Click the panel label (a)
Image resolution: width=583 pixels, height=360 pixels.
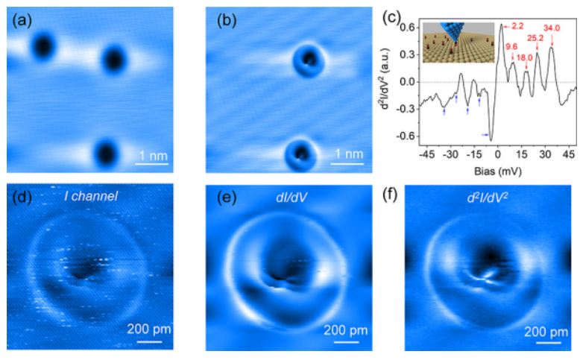(21, 20)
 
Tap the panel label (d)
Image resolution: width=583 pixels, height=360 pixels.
(21, 197)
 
